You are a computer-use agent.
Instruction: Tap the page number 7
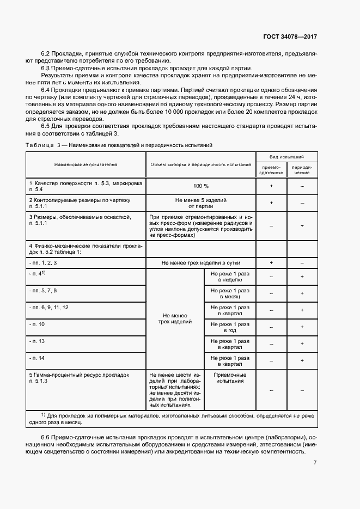[315, 463]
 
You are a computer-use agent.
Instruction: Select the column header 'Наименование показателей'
[85, 164]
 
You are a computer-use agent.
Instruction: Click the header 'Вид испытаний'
[286, 156]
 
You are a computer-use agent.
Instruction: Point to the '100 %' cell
[200, 186]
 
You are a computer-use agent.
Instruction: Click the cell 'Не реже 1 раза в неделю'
[230, 276]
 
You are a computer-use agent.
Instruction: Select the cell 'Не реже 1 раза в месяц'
[230, 293]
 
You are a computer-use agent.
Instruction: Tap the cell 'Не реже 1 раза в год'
[230, 327]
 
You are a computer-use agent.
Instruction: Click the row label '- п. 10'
[38, 324]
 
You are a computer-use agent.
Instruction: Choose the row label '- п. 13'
[38, 341]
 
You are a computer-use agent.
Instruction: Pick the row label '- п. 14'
[38, 358]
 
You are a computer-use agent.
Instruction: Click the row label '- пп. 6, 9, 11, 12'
[49, 307]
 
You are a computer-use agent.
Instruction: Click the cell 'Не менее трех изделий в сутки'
[200, 262]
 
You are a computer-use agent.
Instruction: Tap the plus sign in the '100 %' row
[271, 186]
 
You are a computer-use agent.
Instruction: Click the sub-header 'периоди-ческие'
[302, 169]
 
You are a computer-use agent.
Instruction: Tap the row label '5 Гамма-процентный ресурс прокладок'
[79, 375]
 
